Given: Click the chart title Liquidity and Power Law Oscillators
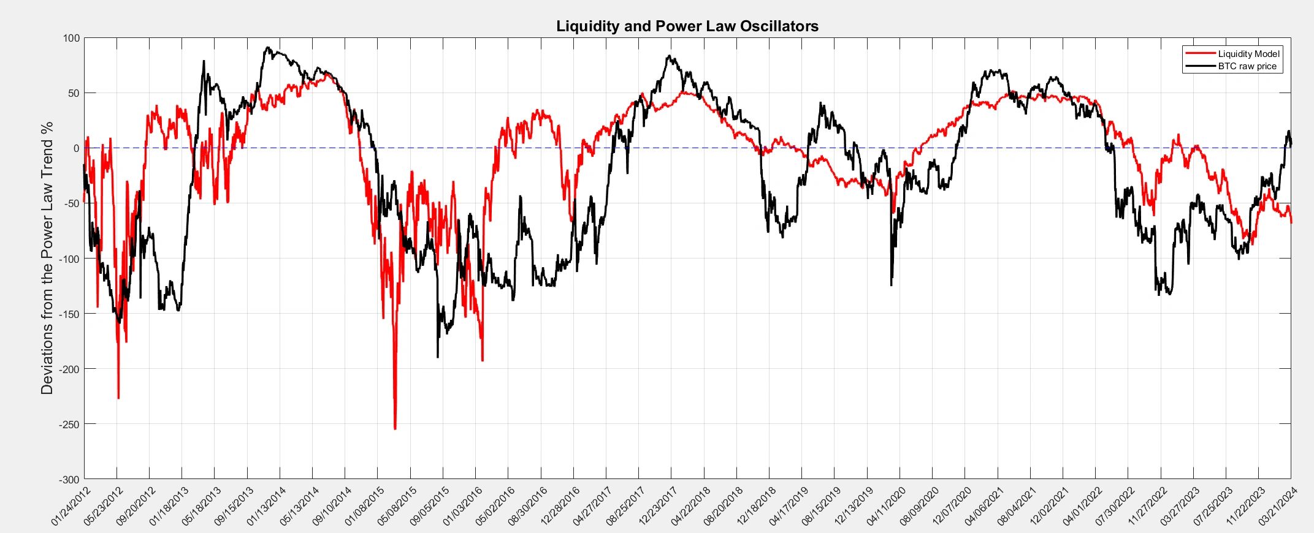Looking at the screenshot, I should coord(687,26).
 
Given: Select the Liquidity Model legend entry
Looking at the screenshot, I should coord(1248,54).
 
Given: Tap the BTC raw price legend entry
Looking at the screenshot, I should coord(1247,66).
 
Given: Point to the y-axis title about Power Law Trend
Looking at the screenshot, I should coord(47,258).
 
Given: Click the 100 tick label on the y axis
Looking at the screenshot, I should coord(71,38).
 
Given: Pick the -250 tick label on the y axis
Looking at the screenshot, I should coord(69,424).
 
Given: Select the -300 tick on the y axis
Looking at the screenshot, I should coord(69,479).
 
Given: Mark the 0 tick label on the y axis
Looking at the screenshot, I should coord(76,148).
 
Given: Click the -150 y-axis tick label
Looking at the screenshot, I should coord(69,314).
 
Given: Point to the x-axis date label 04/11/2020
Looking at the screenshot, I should coord(886,506).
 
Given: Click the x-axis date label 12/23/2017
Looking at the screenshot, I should coord(657,506).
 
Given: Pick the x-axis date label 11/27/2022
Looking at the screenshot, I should coord(1147,506).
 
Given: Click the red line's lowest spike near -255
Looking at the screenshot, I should coord(395,429).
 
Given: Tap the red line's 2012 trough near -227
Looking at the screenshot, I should coord(118,398).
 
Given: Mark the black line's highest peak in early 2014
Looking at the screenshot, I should coord(267,48).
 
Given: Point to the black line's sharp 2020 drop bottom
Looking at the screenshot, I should coord(891,285).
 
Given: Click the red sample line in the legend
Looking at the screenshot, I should coord(1200,54).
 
